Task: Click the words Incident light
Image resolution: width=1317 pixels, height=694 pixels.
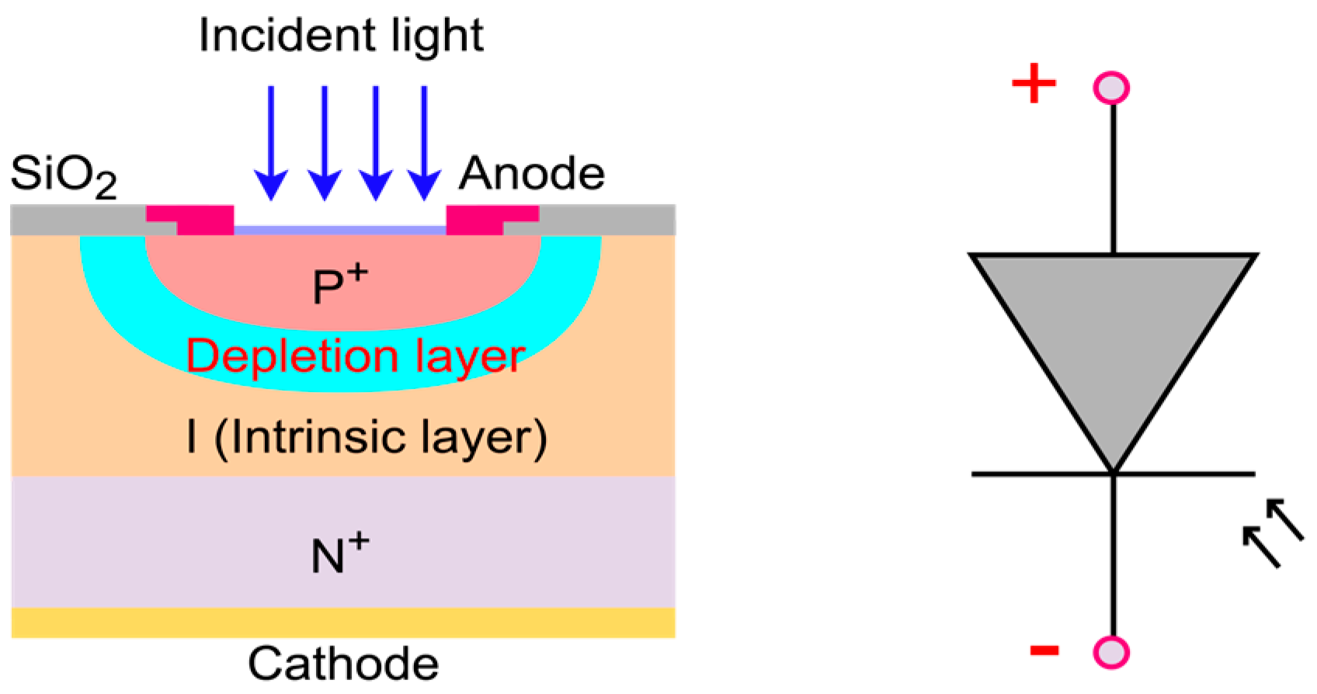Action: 341,36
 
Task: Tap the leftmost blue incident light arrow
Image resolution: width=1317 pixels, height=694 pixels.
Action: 271,144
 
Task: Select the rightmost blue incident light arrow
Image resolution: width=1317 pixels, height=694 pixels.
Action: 424,144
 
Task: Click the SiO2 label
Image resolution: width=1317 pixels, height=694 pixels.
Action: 64,175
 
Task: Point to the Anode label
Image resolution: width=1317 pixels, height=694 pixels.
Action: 531,173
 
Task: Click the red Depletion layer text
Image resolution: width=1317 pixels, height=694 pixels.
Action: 356,356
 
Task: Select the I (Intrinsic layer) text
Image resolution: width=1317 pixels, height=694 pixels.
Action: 367,437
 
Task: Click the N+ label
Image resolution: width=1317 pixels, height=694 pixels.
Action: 339,554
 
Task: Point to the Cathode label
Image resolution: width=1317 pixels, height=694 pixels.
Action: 343,665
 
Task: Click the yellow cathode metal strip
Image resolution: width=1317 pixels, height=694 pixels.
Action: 342,622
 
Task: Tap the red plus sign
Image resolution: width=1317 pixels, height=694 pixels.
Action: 1034,83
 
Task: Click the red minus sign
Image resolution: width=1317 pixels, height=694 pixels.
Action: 1044,650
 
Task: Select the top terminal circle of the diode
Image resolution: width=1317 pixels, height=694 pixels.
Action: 1111,88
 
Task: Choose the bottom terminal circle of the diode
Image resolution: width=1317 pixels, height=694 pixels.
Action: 1111,652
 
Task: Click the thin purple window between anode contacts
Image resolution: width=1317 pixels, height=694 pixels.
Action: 340,231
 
